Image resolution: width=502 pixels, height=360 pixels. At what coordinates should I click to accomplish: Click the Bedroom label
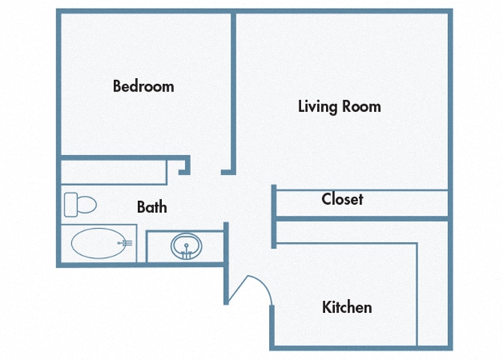pos(143,86)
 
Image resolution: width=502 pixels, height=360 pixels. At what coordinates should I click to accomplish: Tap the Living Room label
pos(339,106)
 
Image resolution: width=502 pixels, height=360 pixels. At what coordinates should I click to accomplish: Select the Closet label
pos(342,199)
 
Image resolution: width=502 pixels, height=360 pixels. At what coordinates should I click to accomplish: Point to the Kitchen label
pos(347,307)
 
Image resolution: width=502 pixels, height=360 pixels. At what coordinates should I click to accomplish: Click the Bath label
pos(152,207)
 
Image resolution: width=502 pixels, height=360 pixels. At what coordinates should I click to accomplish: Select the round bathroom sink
pos(185,246)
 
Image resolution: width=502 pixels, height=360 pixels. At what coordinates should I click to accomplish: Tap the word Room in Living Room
pos(362,106)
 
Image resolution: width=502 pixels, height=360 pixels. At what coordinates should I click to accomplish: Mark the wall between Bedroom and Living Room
pos(234,90)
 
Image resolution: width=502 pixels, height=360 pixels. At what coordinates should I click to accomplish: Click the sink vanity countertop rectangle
pos(185,246)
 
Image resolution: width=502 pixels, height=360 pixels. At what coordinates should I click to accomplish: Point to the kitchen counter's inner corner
pos(416,244)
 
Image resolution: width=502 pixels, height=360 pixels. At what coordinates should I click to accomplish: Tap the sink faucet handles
pos(185,254)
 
